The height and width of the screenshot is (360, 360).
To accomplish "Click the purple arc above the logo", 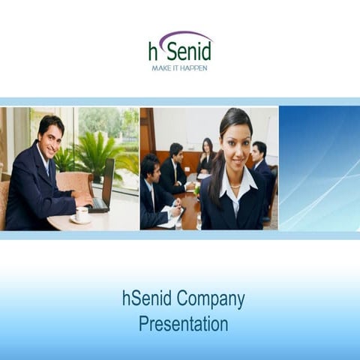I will tap(184, 36).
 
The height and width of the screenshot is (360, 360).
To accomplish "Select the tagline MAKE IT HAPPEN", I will tap(180, 67).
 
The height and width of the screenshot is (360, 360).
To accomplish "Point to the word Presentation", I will tap(183, 324).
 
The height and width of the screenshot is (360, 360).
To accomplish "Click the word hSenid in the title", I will tap(146, 299).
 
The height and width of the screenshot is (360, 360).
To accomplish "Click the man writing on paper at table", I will tap(154, 191).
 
